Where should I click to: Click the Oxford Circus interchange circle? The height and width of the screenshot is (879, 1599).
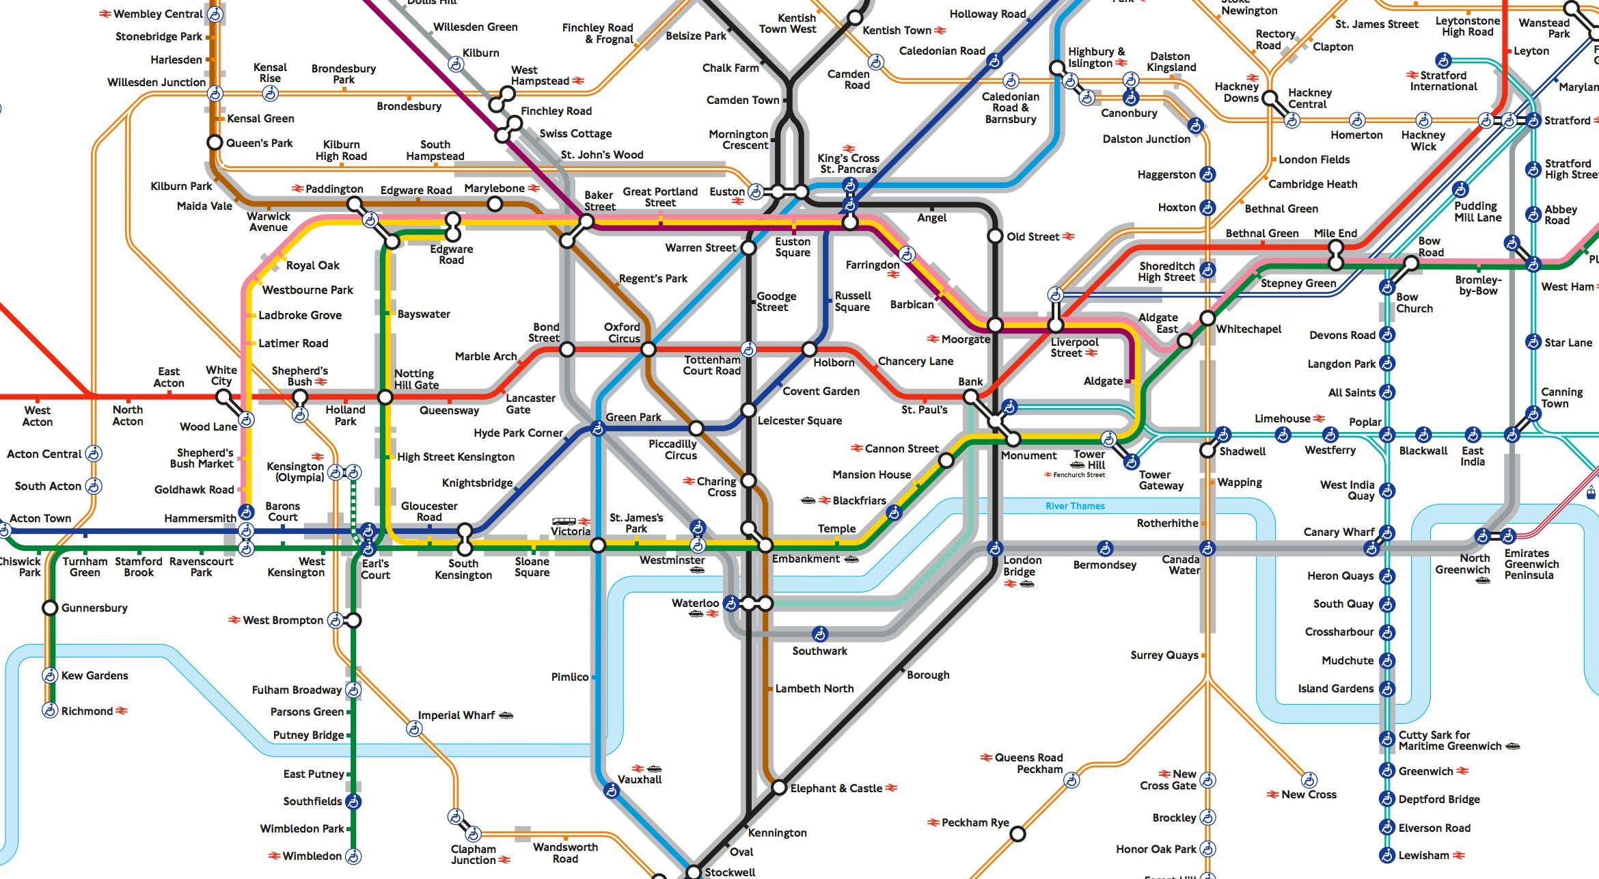coord(648,350)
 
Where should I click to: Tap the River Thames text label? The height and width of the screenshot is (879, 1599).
coord(1075,506)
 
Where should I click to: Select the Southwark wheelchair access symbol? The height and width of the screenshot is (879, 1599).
coord(819,634)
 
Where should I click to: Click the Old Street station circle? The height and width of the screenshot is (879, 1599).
coord(995,236)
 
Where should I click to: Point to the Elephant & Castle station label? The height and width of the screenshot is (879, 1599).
coord(836,788)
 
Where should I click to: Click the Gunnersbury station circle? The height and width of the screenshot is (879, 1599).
coord(50,608)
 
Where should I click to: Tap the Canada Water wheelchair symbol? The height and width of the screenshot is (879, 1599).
coord(1207,548)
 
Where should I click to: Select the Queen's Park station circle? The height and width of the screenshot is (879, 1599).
coord(215,143)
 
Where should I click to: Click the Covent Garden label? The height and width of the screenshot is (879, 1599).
coord(821,391)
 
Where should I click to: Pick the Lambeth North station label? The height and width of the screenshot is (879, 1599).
coord(815,688)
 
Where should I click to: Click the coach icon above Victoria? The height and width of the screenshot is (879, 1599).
coord(562,522)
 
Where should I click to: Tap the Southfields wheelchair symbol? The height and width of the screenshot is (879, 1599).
coord(353,801)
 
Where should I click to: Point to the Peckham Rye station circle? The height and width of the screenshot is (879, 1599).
coord(1017,834)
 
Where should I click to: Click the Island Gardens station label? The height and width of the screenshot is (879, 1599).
coord(1335,688)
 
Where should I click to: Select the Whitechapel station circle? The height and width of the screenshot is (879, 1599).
coord(1207,319)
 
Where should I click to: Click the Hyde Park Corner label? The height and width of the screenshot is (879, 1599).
coord(518,433)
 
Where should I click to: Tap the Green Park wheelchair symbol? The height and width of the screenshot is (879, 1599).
coord(598,429)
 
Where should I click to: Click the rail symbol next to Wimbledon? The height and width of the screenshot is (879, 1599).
coord(275,856)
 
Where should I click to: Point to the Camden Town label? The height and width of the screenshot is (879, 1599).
coord(743,100)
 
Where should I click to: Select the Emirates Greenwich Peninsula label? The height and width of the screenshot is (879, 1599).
coord(1531,564)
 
